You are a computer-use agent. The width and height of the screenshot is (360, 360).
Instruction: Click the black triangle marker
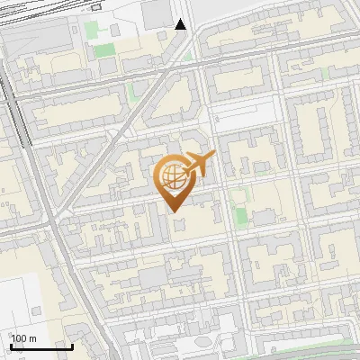[181, 24]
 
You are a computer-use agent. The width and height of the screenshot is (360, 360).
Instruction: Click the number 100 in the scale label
[20, 338]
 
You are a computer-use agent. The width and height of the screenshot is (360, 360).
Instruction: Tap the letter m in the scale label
[33, 338]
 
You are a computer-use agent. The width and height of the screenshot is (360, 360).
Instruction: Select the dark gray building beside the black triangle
[157, 13]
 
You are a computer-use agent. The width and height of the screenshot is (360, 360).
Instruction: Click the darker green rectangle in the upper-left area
[104, 49]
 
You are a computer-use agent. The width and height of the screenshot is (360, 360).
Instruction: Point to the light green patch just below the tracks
[92, 30]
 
